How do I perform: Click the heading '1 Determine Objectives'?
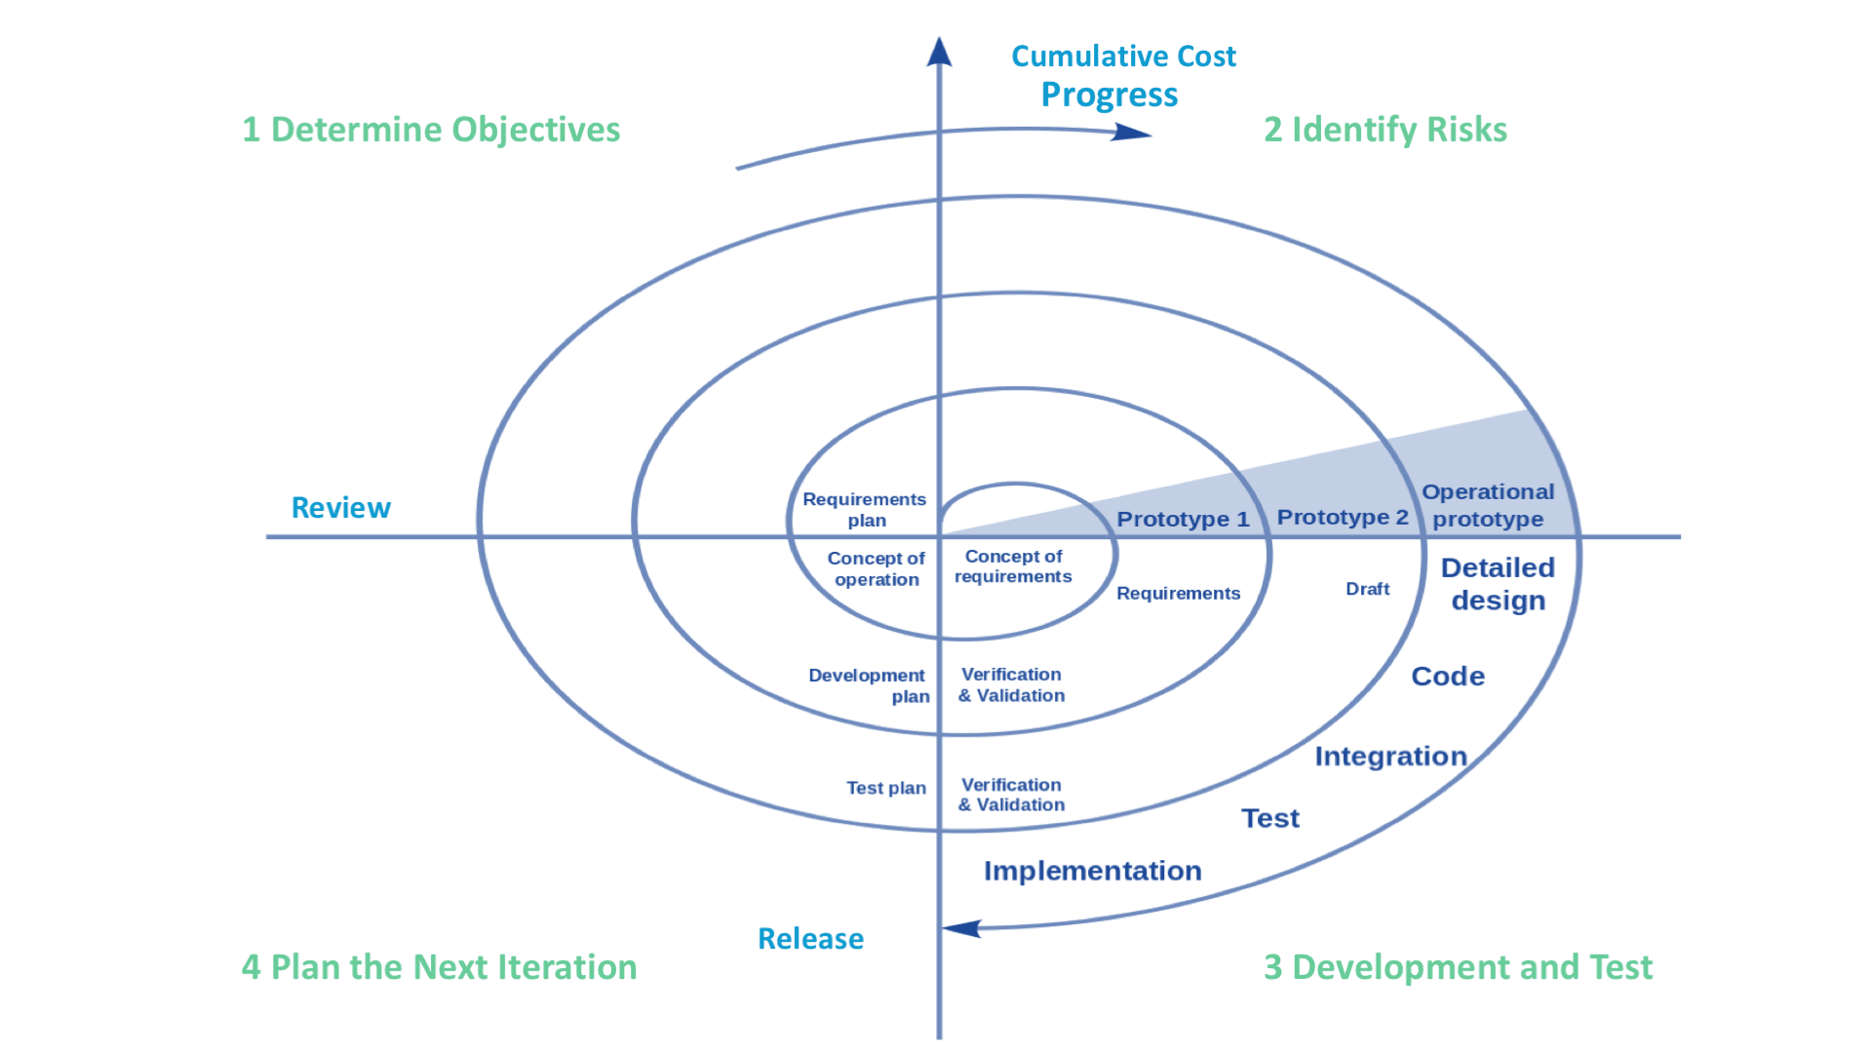coord(430,130)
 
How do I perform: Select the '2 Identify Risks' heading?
coord(1384,130)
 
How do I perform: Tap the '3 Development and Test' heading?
coord(1458,967)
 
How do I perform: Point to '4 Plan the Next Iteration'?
coord(439,967)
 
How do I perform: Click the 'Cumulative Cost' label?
coord(1123,57)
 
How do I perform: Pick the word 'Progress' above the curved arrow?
coord(1109,95)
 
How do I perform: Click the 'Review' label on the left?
coord(340,508)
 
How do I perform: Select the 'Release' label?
coord(810,939)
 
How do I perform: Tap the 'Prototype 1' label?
coord(1183,519)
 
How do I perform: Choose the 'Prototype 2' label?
coord(1343,517)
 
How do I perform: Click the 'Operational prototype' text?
coord(1488,505)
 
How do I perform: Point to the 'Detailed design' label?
coord(1498,583)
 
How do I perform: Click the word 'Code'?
coord(1448,676)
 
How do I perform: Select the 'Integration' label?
coord(1390,756)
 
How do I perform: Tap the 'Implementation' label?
coord(1092,871)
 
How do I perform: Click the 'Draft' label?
coord(1367,589)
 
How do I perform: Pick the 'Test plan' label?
coord(885,788)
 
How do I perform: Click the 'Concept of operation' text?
coord(876,568)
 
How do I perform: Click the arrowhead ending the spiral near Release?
coord(961,928)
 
